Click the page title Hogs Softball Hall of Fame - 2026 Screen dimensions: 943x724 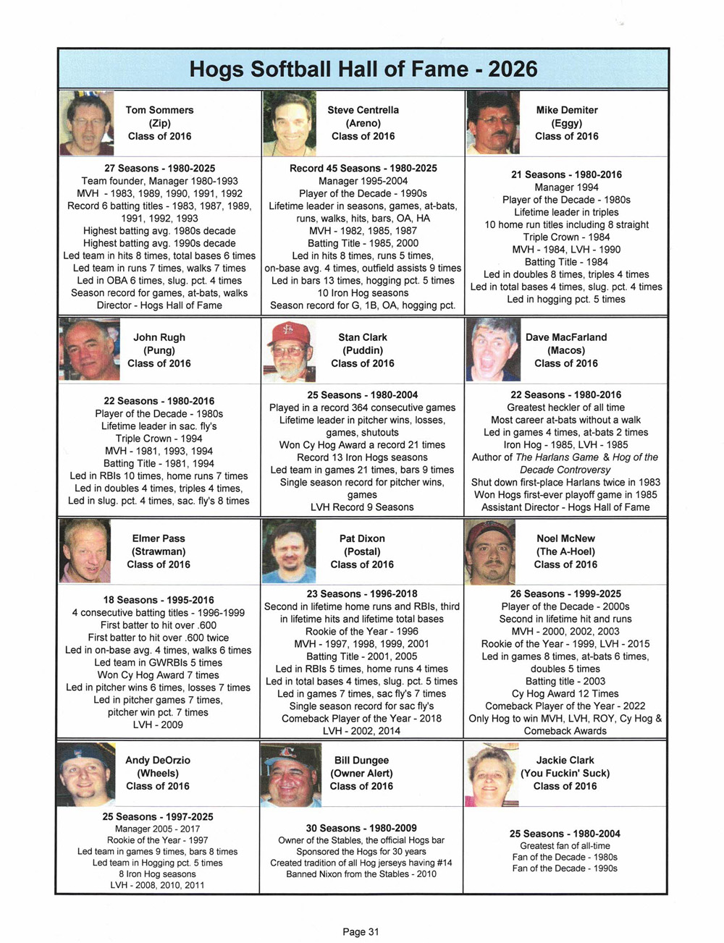click(363, 69)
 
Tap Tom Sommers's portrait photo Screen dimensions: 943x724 click(86, 123)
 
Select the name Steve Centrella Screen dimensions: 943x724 click(363, 110)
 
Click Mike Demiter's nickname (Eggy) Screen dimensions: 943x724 click(566, 123)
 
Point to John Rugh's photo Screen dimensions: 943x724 click(88, 350)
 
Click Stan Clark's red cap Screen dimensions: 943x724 click(288, 333)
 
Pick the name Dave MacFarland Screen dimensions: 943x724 click(566, 337)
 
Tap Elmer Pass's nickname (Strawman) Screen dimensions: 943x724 click(159, 551)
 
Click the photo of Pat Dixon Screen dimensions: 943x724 click(290, 552)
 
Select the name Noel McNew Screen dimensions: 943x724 click(566, 538)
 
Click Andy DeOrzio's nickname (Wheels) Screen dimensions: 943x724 click(158, 773)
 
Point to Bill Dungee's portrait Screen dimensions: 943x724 click(290, 774)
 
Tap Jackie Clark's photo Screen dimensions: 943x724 click(492, 774)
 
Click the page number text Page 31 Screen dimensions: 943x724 click(361, 931)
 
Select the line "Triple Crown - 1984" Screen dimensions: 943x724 click(566, 237)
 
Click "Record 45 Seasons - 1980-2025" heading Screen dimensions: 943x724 click(363, 168)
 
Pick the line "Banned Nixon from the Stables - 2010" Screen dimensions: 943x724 click(361, 874)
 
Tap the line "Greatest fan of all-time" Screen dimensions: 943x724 click(565, 845)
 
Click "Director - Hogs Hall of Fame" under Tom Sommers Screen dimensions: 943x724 click(159, 305)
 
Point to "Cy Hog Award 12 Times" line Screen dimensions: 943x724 click(565, 693)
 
